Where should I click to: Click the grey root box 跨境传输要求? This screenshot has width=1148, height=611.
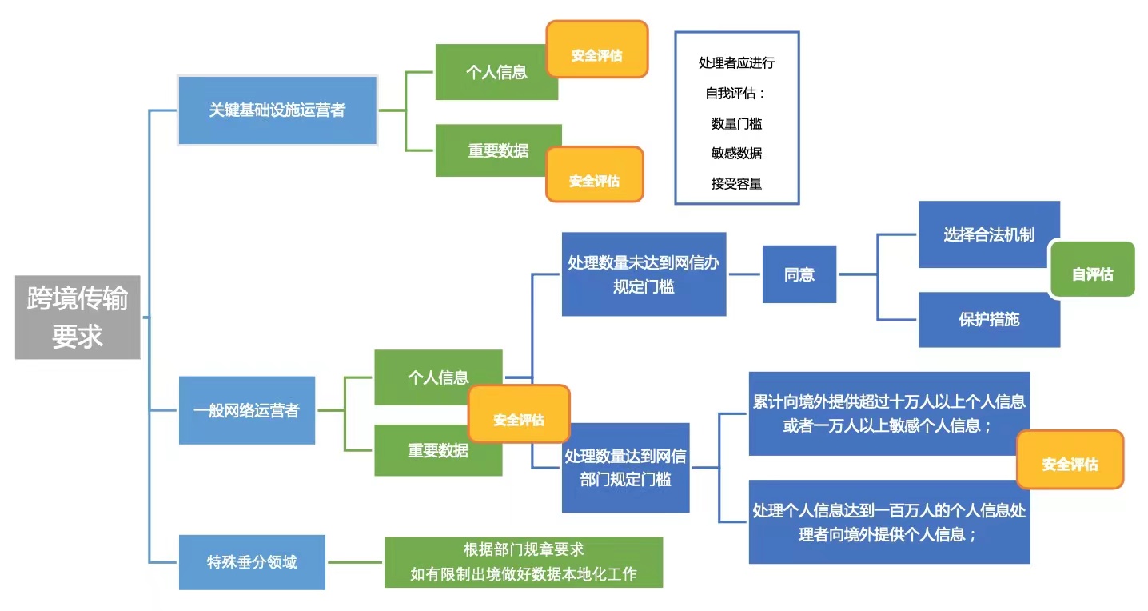point(78,317)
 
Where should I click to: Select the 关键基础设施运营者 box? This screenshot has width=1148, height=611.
point(277,110)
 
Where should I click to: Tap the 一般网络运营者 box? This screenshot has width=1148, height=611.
point(246,410)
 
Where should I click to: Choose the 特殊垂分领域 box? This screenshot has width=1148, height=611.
point(252,562)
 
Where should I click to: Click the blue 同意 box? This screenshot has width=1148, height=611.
point(799,274)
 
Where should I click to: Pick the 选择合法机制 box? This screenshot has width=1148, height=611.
point(988,234)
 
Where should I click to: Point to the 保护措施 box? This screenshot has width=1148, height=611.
point(988,319)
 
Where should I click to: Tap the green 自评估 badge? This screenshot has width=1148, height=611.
point(1092,274)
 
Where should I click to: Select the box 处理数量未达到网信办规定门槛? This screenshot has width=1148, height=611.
point(644,274)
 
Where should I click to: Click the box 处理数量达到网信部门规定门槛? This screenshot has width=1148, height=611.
point(625,468)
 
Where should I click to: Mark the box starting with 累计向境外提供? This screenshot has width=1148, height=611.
point(889,413)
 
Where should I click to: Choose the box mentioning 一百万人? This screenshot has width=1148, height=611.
point(889,521)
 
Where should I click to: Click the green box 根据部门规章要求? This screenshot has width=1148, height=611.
point(524,562)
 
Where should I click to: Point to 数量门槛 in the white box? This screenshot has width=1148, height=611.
point(736,123)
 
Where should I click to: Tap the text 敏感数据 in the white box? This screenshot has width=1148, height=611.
point(736,153)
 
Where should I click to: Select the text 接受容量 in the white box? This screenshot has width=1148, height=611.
point(736,183)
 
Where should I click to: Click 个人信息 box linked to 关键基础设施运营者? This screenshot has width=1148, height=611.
point(496,72)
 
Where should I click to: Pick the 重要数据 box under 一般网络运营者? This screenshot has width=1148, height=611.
point(437,450)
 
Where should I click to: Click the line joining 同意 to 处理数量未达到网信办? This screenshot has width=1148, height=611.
point(743,274)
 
